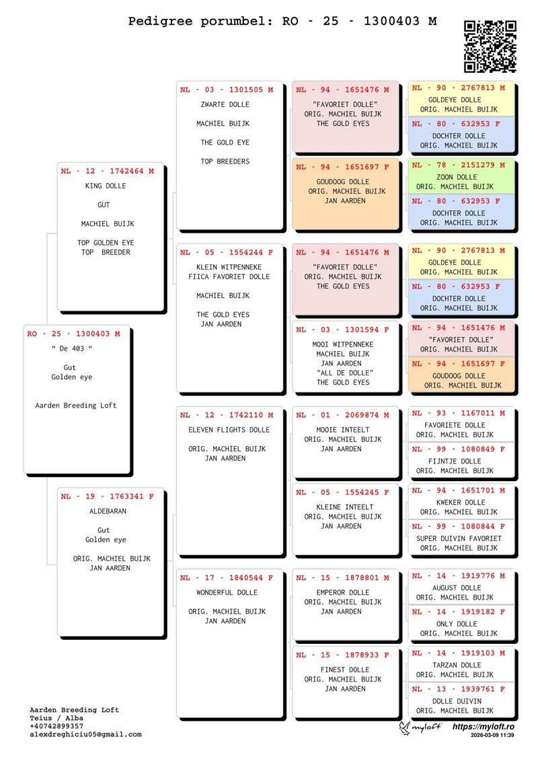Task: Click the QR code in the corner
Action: pos(490,46)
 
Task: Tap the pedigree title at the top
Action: pos(282,22)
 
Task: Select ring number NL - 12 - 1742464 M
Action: pos(107,172)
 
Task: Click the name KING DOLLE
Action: pos(106,186)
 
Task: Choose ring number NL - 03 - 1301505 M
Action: pos(227,89)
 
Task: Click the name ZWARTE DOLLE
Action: pos(225,105)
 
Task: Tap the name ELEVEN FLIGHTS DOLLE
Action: pos(229,430)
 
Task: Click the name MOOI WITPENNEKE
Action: pos(343,345)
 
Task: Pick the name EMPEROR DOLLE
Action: pos(343,593)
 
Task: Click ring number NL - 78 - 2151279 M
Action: pos(458,165)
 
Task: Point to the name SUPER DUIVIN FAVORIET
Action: pos(459,538)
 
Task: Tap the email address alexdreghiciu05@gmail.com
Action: pos(85,735)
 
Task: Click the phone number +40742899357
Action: pos(58,727)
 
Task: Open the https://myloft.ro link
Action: pos(483,727)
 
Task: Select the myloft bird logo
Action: pos(406,728)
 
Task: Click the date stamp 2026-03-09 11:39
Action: pos(492,736)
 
